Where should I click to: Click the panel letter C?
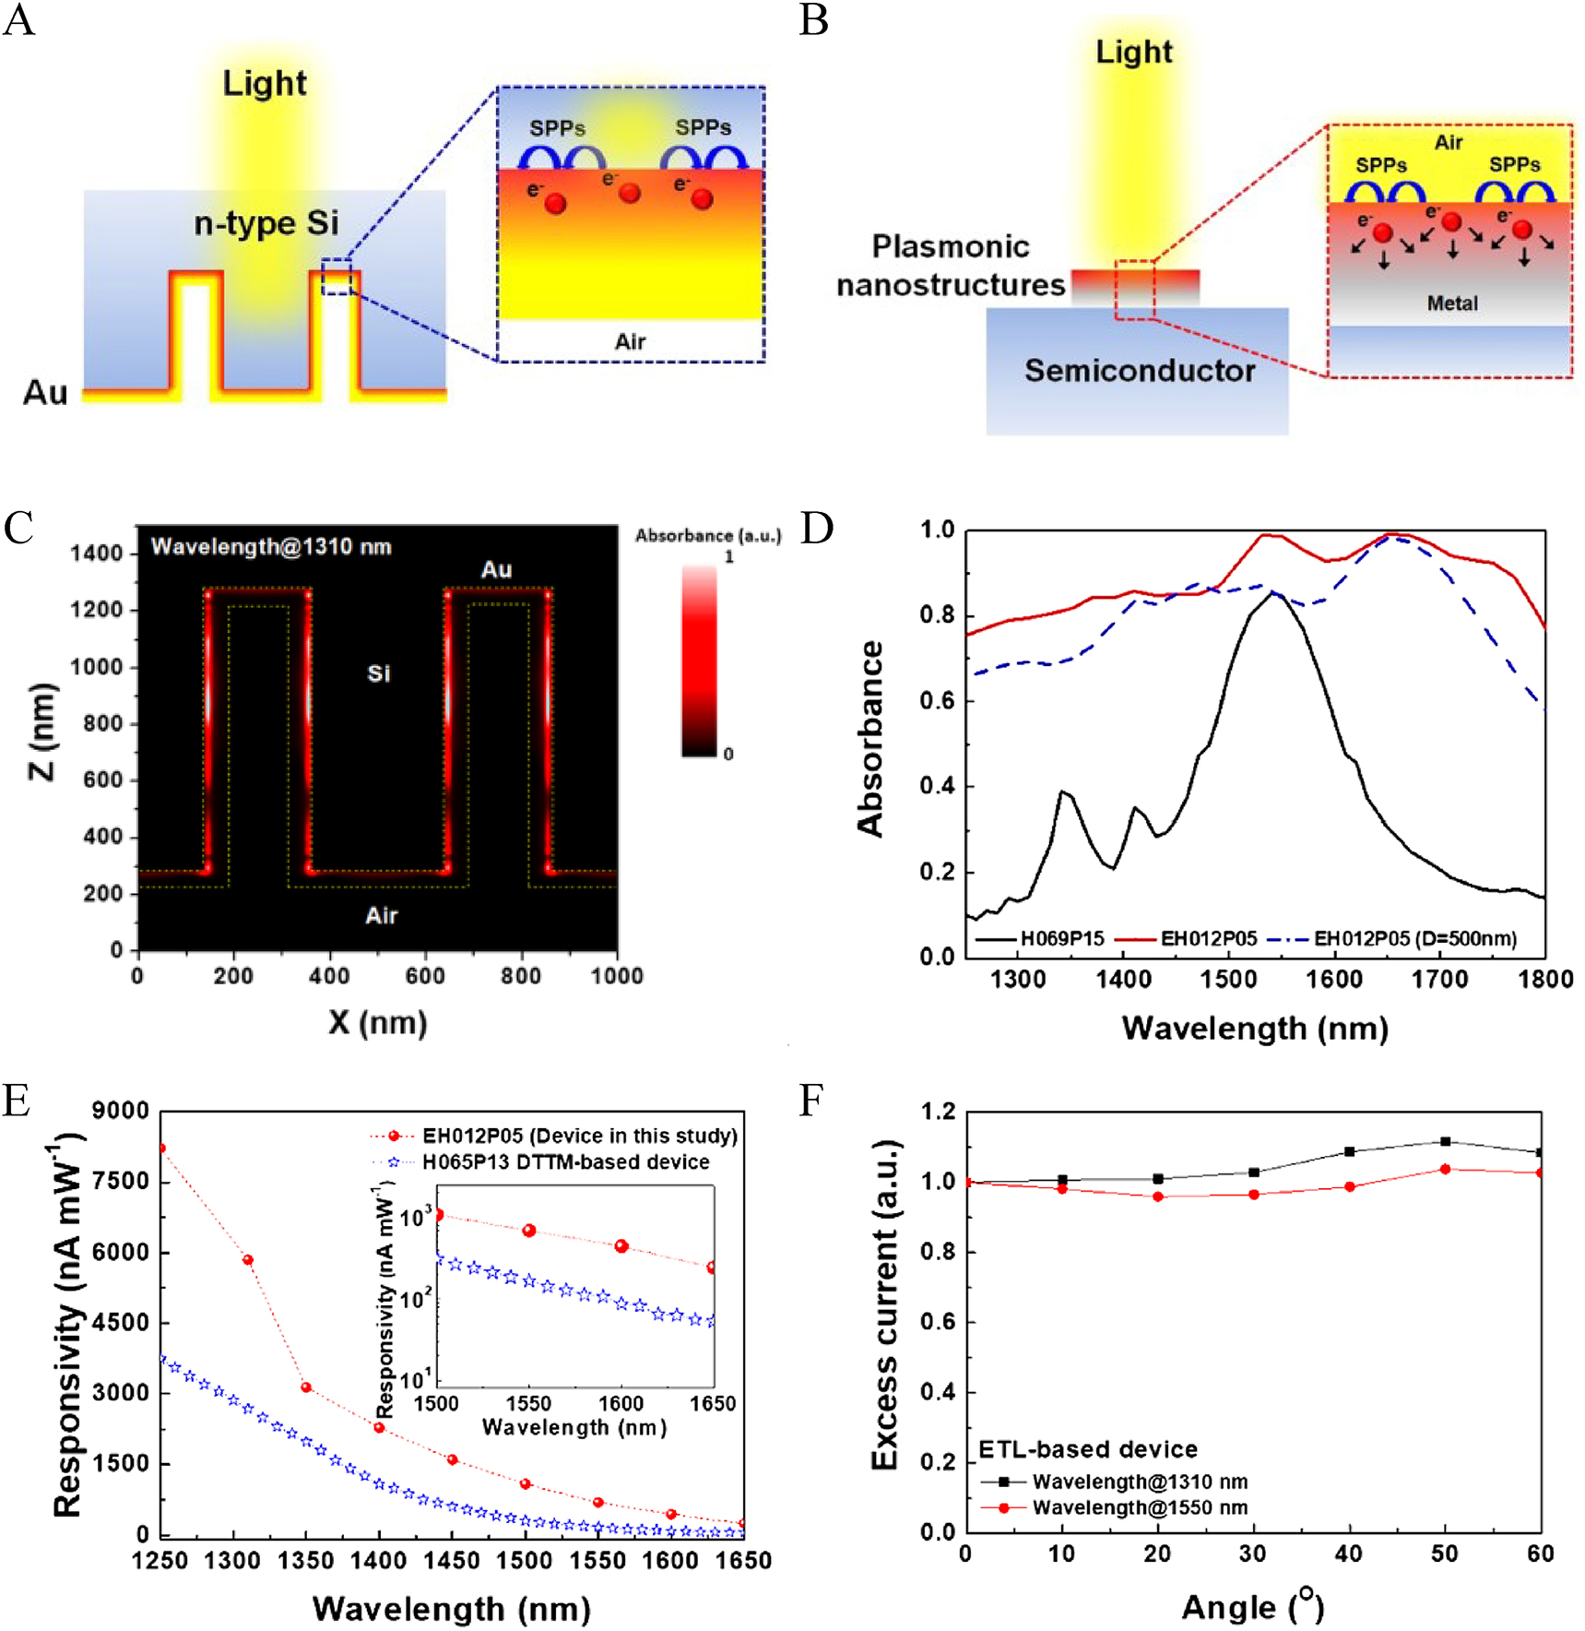coord(18,529)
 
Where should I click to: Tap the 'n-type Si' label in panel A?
coord(266,223)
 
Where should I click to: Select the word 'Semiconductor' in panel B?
coord(1140,371)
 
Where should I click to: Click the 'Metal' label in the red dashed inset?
coord(1452,304)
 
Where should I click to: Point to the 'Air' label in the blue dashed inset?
coord(630,342)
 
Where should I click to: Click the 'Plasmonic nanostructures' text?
coord(951,266)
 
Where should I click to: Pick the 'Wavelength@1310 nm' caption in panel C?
coord(271,547)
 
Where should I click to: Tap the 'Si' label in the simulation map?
coord(379,673)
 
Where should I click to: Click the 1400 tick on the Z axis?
coord(96,554)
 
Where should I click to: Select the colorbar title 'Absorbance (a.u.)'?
coord(707,536)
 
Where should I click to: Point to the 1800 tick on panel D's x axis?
coord(1545,980)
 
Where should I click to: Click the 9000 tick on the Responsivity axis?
coord(120,1112)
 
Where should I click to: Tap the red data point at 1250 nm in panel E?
coord(162,1149)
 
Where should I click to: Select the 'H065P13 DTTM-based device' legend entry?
coord(565,1162)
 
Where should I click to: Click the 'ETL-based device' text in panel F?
coord(1088,1450)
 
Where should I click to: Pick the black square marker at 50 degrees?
coord(1445,1142)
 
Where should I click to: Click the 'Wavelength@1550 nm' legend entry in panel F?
coord(1140,1507)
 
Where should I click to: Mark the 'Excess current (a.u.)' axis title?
coord(885,1305)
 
